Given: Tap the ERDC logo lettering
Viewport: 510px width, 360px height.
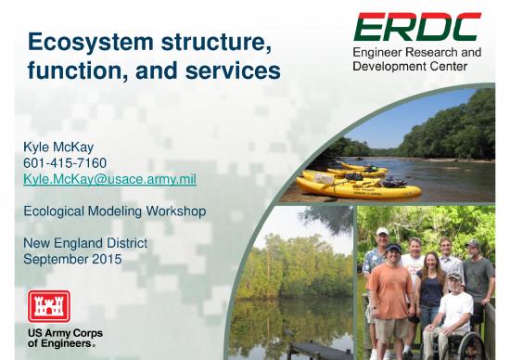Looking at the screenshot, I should tap(417, 28).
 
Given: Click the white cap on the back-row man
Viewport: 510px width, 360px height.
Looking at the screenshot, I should tap(382, 231).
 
